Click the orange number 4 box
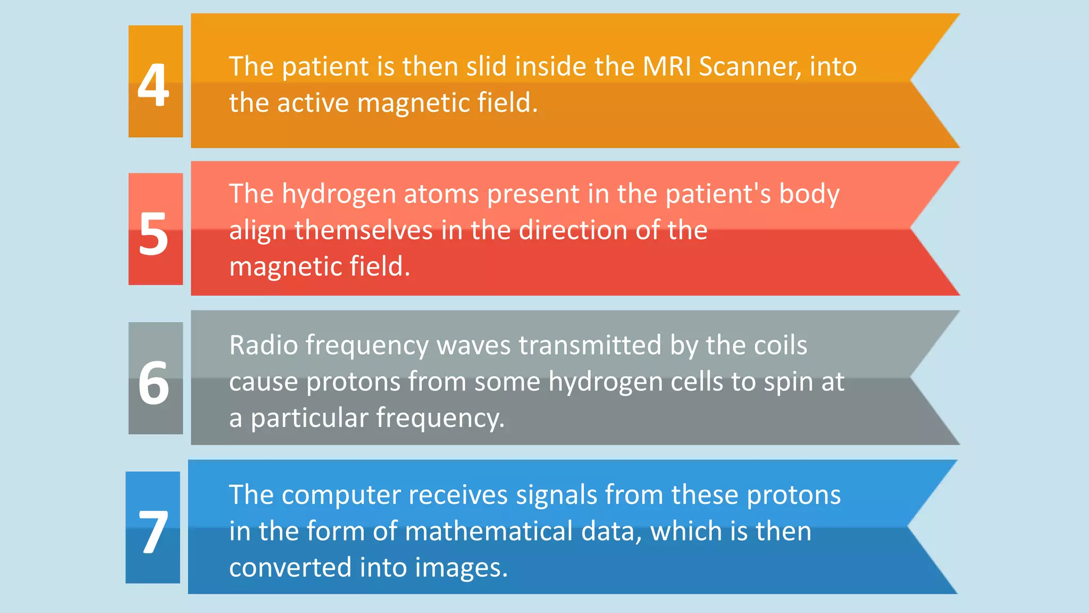tap(155, 81)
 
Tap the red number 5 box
tap(155, 229)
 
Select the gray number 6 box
tap(155, 378)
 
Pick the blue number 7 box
tap(153, 527)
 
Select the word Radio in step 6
tap(263, 345)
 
